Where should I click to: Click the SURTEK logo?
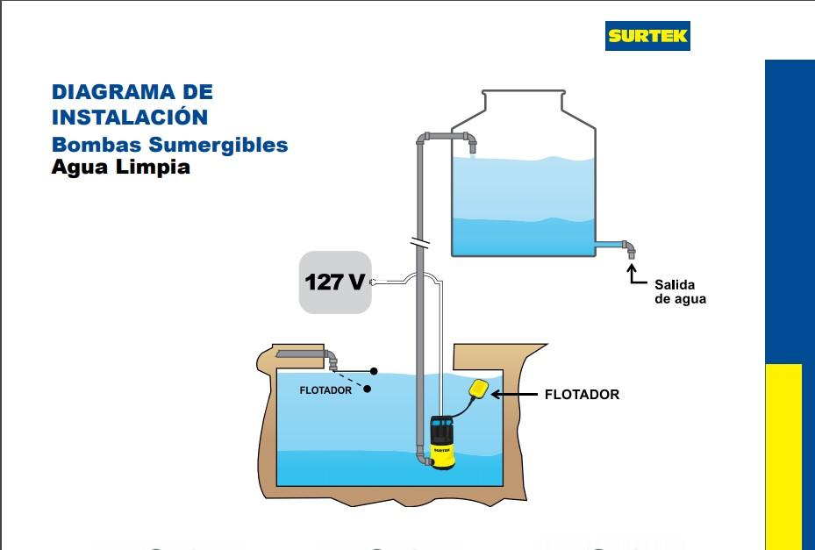click(x=647, y=36)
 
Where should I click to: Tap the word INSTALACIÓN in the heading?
click(x=129, y=117)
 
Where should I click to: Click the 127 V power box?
click(x=335, y=282)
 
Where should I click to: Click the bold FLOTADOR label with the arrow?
click(x=582, y=395)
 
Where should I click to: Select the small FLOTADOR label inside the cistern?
click(x=325, y=390)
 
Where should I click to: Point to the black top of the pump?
click(x=440, y=429)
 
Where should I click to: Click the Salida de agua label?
click(x=680, y=292)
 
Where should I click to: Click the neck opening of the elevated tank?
click(x=523, y=93)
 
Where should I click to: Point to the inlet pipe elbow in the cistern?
click(x=332, y=360)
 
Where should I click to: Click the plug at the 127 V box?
click(x=374, y=282)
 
